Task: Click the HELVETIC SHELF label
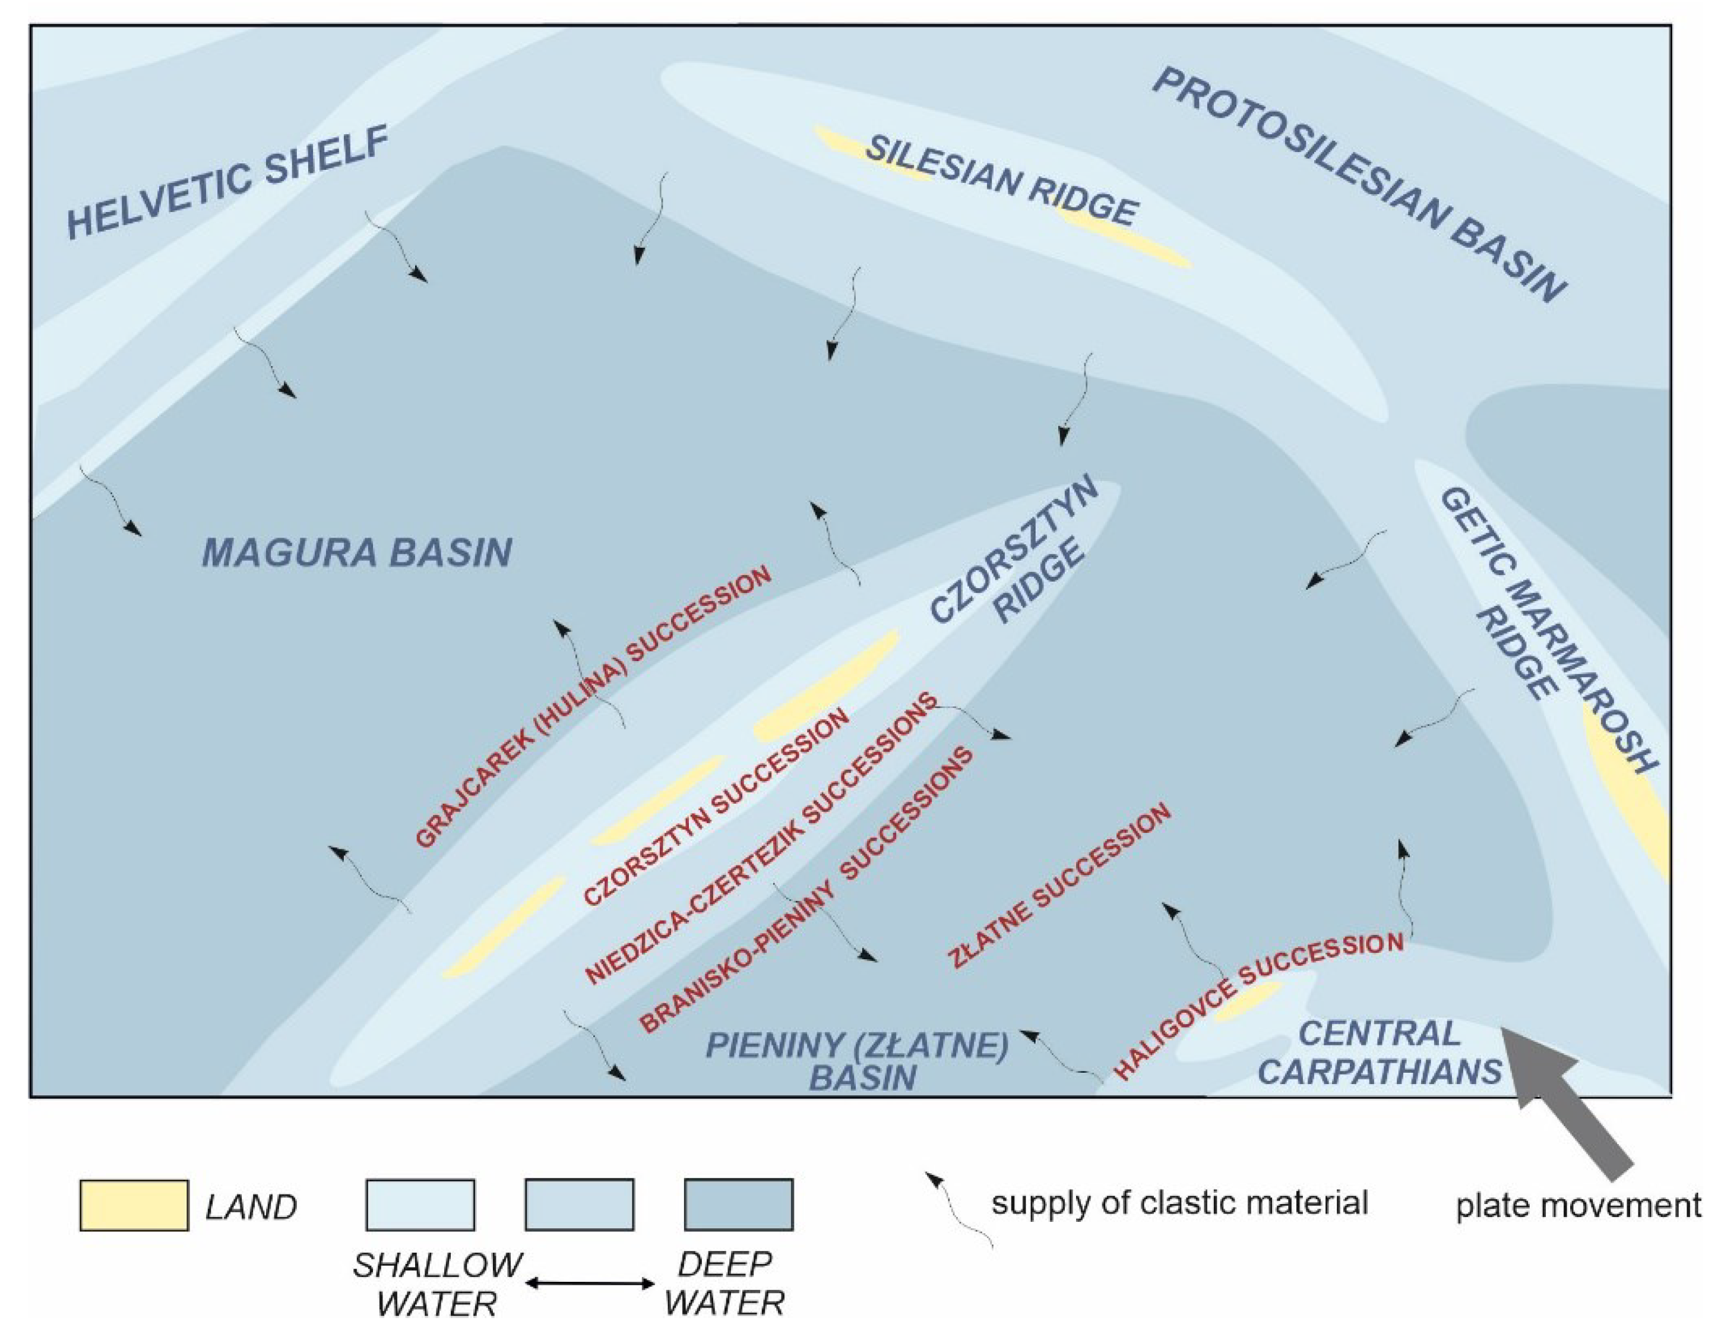pos(229,182)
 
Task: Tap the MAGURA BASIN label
pos(358,552)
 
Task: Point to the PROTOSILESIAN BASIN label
pos(1359,185)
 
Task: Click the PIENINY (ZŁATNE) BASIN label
pos(859,1061)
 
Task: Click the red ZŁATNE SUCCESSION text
pos(1060,887)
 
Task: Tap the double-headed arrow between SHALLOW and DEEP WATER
pos(590,1284)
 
